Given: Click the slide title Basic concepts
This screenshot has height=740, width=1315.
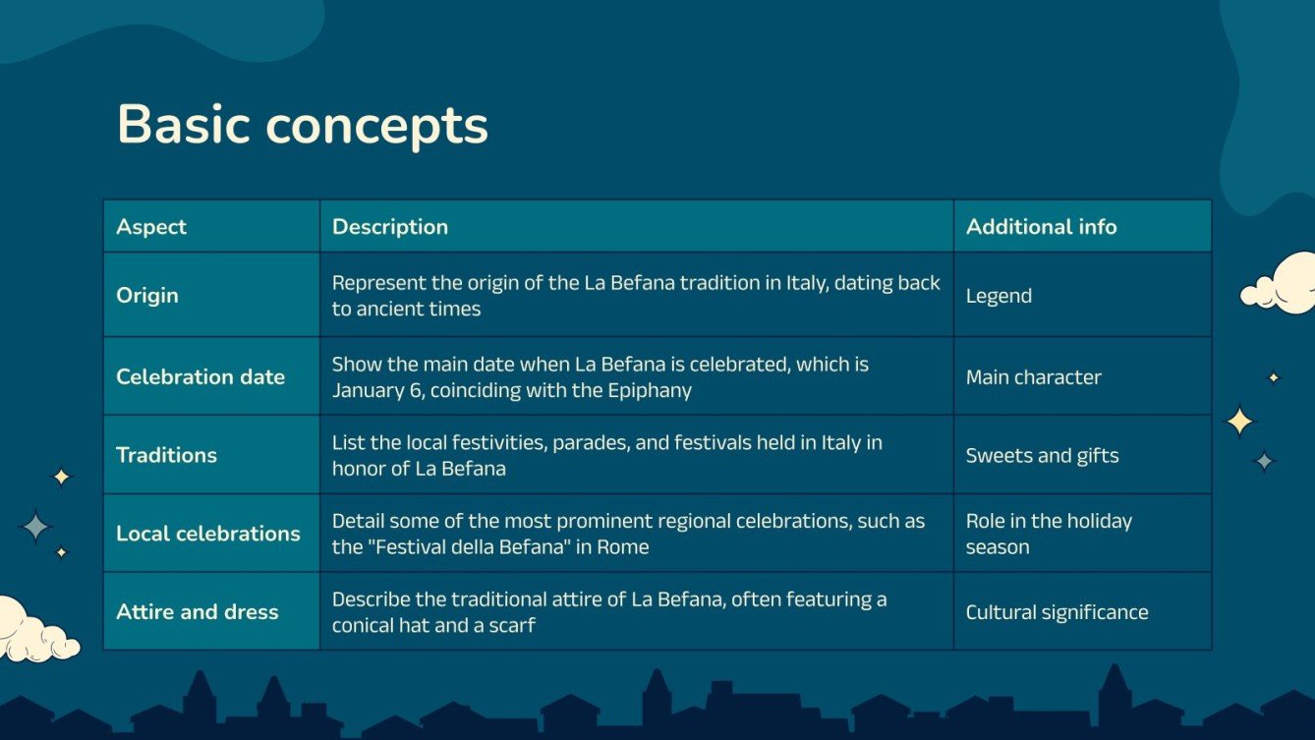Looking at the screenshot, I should tap(302, 125).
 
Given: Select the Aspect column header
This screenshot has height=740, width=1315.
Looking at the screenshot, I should tap(151, 227).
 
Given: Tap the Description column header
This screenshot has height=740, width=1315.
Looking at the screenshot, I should tap(389, 227).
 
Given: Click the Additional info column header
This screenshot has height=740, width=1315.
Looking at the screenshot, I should tap(1041, 227).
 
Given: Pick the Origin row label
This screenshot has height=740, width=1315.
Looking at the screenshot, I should tap(147, 295).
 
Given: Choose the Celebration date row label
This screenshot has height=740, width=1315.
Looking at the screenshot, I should tap(200, 376).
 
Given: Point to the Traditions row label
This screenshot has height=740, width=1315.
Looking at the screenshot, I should tap(166, 455).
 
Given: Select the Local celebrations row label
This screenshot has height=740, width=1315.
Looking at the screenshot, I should tap(207, 534).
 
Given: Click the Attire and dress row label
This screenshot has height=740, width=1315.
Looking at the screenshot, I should tap(197, 612).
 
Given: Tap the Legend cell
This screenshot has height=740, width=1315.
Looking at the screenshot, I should tap(999, 296).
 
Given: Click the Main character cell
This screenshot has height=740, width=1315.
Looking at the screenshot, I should tap(1033, 377).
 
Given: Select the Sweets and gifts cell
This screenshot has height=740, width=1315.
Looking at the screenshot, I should tap(1042, 456).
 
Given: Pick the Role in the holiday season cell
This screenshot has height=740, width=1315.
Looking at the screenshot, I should tap(1048, 534).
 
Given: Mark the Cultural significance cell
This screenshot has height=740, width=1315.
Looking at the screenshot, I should tap(1057, 613).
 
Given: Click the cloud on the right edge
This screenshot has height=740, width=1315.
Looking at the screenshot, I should tap(1282, 285).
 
